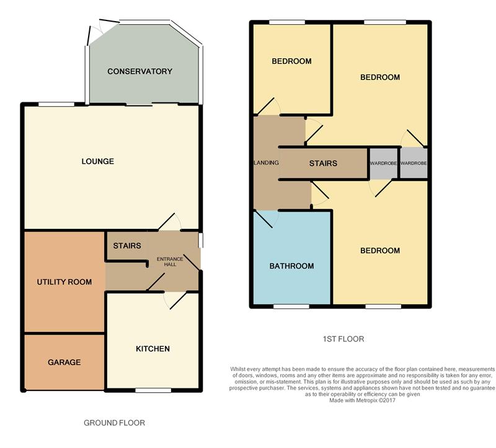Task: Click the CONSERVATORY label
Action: point(140,71)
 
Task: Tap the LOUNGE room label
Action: point(98,161)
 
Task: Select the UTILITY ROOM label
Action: point(64,282)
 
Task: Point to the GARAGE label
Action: point(64,362)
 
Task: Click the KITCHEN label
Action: point(153,349)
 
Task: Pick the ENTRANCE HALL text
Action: point(170,261)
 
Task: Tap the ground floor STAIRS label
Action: point(127,246)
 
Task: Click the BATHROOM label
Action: point(291,266)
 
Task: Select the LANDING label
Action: point(267,163)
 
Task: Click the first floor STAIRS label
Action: point(323,163)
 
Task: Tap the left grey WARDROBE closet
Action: point(383,163)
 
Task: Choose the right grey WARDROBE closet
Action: point(414,163)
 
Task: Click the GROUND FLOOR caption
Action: point(114,423)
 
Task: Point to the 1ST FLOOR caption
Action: point(343,339)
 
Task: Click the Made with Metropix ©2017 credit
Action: point(362,400)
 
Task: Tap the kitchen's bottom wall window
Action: point(153,390)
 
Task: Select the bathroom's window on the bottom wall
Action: point(291,307)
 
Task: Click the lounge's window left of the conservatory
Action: point(56,104)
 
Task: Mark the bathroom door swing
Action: point(266,219)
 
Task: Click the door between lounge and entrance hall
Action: point(169,222)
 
